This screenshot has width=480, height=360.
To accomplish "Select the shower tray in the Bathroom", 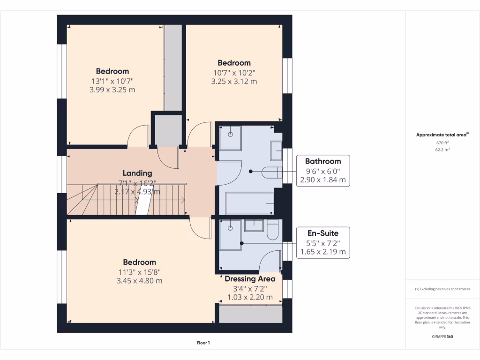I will (230, 137).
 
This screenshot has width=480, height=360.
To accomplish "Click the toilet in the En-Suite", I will (273, 231).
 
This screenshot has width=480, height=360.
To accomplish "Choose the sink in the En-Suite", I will (255, 225).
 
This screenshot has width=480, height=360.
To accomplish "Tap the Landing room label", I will (137, 173).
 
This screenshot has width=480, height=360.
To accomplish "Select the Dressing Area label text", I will (250, 279).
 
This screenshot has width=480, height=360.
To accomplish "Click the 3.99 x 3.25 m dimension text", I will (112, 90).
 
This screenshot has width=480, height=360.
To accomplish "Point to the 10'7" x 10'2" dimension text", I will (234, 72).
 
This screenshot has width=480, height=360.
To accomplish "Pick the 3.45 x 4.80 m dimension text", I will (139, 281).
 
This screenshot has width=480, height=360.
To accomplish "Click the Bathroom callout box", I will (323, 171).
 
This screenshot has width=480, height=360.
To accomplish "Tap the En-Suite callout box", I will (323, 242).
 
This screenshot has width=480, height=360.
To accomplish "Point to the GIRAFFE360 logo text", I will (442, 337).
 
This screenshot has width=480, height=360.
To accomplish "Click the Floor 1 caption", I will (203, 343).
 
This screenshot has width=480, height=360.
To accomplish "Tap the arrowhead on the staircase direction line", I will (182, 201).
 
